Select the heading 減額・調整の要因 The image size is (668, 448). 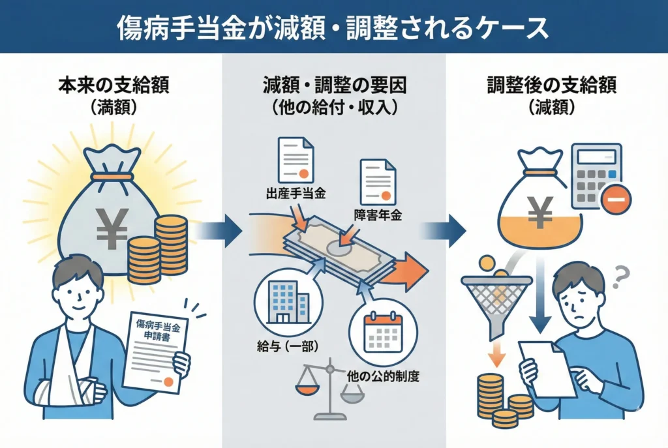click(x=334, y=86)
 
